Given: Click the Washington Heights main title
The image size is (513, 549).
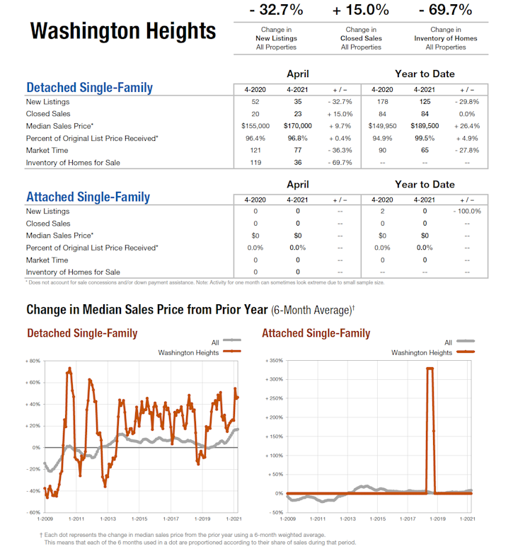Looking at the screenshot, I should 123,31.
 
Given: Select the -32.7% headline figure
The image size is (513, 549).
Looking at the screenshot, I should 276,10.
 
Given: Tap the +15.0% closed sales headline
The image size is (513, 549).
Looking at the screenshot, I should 361,10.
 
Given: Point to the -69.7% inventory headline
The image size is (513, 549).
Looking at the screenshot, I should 446,10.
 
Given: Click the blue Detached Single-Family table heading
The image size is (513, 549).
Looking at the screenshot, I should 89,88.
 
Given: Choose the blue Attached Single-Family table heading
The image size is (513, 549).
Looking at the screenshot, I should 88,197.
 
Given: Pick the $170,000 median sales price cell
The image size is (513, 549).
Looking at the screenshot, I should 297,126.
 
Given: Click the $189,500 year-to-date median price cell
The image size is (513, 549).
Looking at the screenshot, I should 425,126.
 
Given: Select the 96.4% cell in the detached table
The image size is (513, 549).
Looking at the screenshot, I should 255,138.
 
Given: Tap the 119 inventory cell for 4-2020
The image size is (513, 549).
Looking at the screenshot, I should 255,163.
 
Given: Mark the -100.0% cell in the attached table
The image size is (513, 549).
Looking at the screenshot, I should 467,212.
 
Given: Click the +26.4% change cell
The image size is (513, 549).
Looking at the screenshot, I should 467,126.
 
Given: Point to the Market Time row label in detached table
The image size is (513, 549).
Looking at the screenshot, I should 47,151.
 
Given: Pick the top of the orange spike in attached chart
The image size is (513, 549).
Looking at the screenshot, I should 430,369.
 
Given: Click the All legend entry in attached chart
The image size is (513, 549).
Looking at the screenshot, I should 448,342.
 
